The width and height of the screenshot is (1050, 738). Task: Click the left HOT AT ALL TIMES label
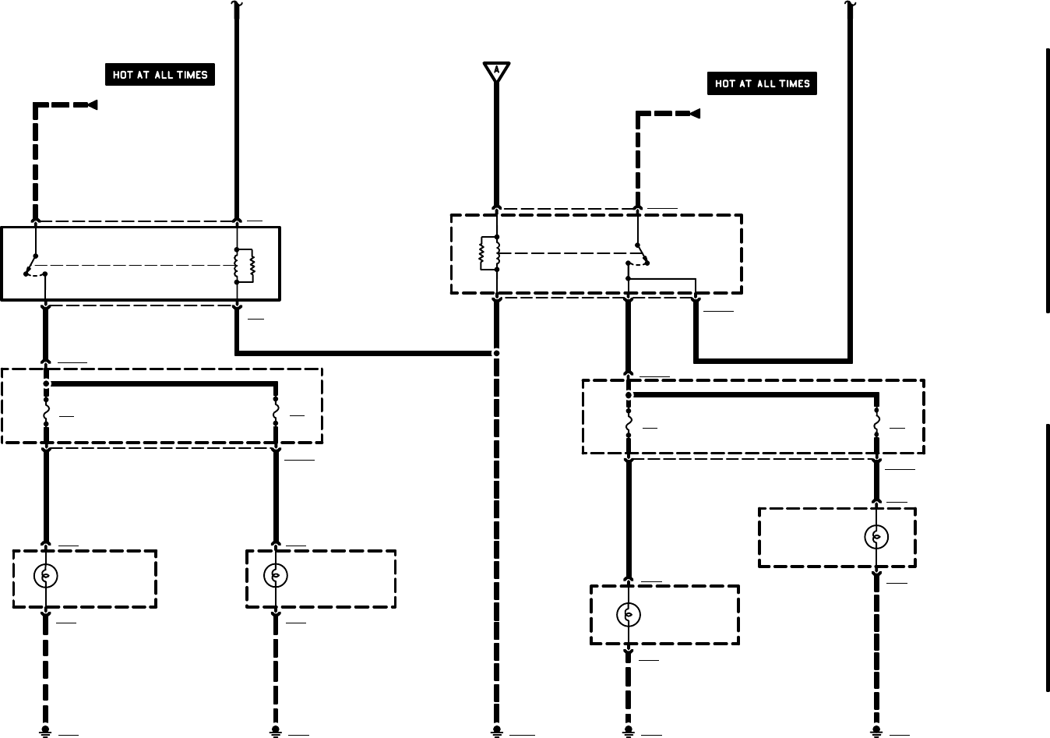tap(160, 75)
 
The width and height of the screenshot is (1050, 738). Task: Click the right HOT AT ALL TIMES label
tap(762, 83)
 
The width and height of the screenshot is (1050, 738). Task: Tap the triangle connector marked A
tap(496, 71)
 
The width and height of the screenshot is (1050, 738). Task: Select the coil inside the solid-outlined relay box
tap(245, 266)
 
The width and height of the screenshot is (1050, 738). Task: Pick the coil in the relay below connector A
tap(489, 252)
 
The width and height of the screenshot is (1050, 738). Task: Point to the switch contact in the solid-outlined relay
tap(33, 265)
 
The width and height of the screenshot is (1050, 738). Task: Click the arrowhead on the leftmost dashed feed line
tap(92, 105)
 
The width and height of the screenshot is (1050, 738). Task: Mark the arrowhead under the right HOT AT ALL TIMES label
tap(695, 114)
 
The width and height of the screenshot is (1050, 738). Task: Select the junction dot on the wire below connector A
tap(496, 353)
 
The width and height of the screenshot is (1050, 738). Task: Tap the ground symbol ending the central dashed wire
tap(496, 732)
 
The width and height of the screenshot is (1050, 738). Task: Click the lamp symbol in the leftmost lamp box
tap(46, 576)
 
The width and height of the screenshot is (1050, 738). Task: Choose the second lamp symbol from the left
tap(276, 576)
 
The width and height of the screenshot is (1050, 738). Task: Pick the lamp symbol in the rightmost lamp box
tap(876, 536)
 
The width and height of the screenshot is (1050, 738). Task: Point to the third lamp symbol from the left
tap(629, 615)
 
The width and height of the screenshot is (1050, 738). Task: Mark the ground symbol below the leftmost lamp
tap(46, 732)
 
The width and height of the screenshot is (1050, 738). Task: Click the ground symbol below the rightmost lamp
tap(876, 732)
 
